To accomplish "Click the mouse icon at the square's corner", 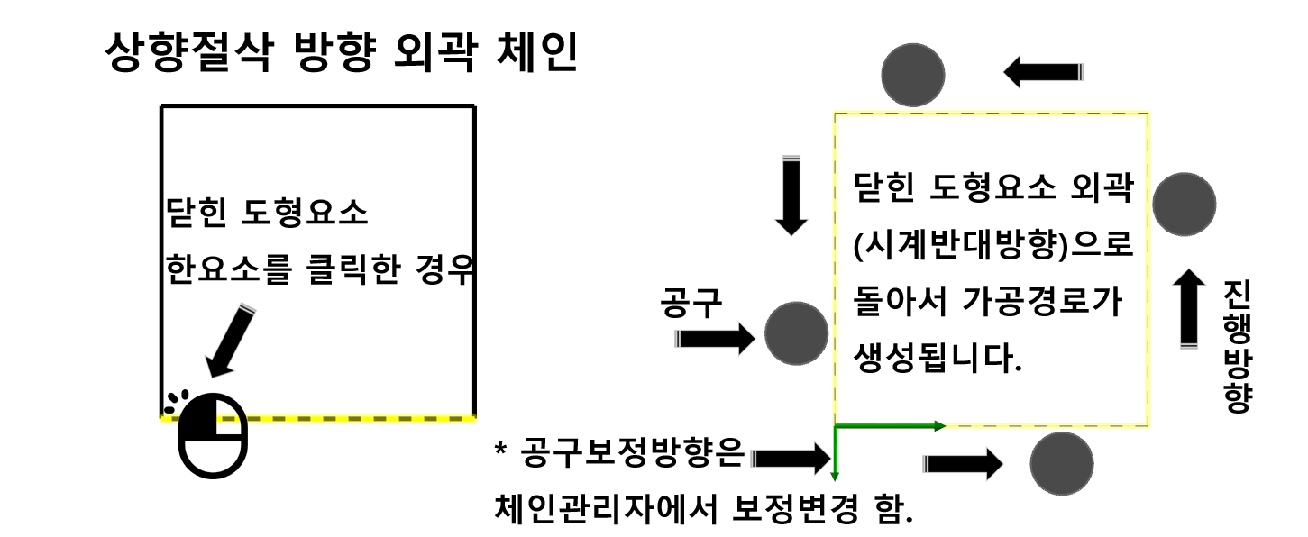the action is coord(212,435).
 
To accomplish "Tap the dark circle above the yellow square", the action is coord(912,74).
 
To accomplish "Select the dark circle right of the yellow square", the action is coord(1184,205).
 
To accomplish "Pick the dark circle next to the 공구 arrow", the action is coord(796,333).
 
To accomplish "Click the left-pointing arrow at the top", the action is coord(1042,73).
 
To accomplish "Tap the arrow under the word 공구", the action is coord(714,340).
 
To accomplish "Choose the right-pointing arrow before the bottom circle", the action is coord(962,464).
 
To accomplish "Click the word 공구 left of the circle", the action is coord(691,305).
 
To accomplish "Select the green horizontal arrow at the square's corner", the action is coord(889,424).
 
